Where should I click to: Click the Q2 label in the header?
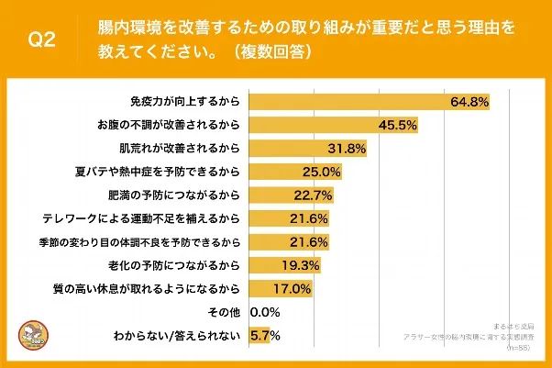click(42, 40)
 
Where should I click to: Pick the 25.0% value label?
click(322, 171)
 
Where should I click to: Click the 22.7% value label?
click(314, 195)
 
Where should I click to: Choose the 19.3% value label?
click(301, 266)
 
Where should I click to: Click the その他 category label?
click(226, 313)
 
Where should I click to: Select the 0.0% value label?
click(264, 313)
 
